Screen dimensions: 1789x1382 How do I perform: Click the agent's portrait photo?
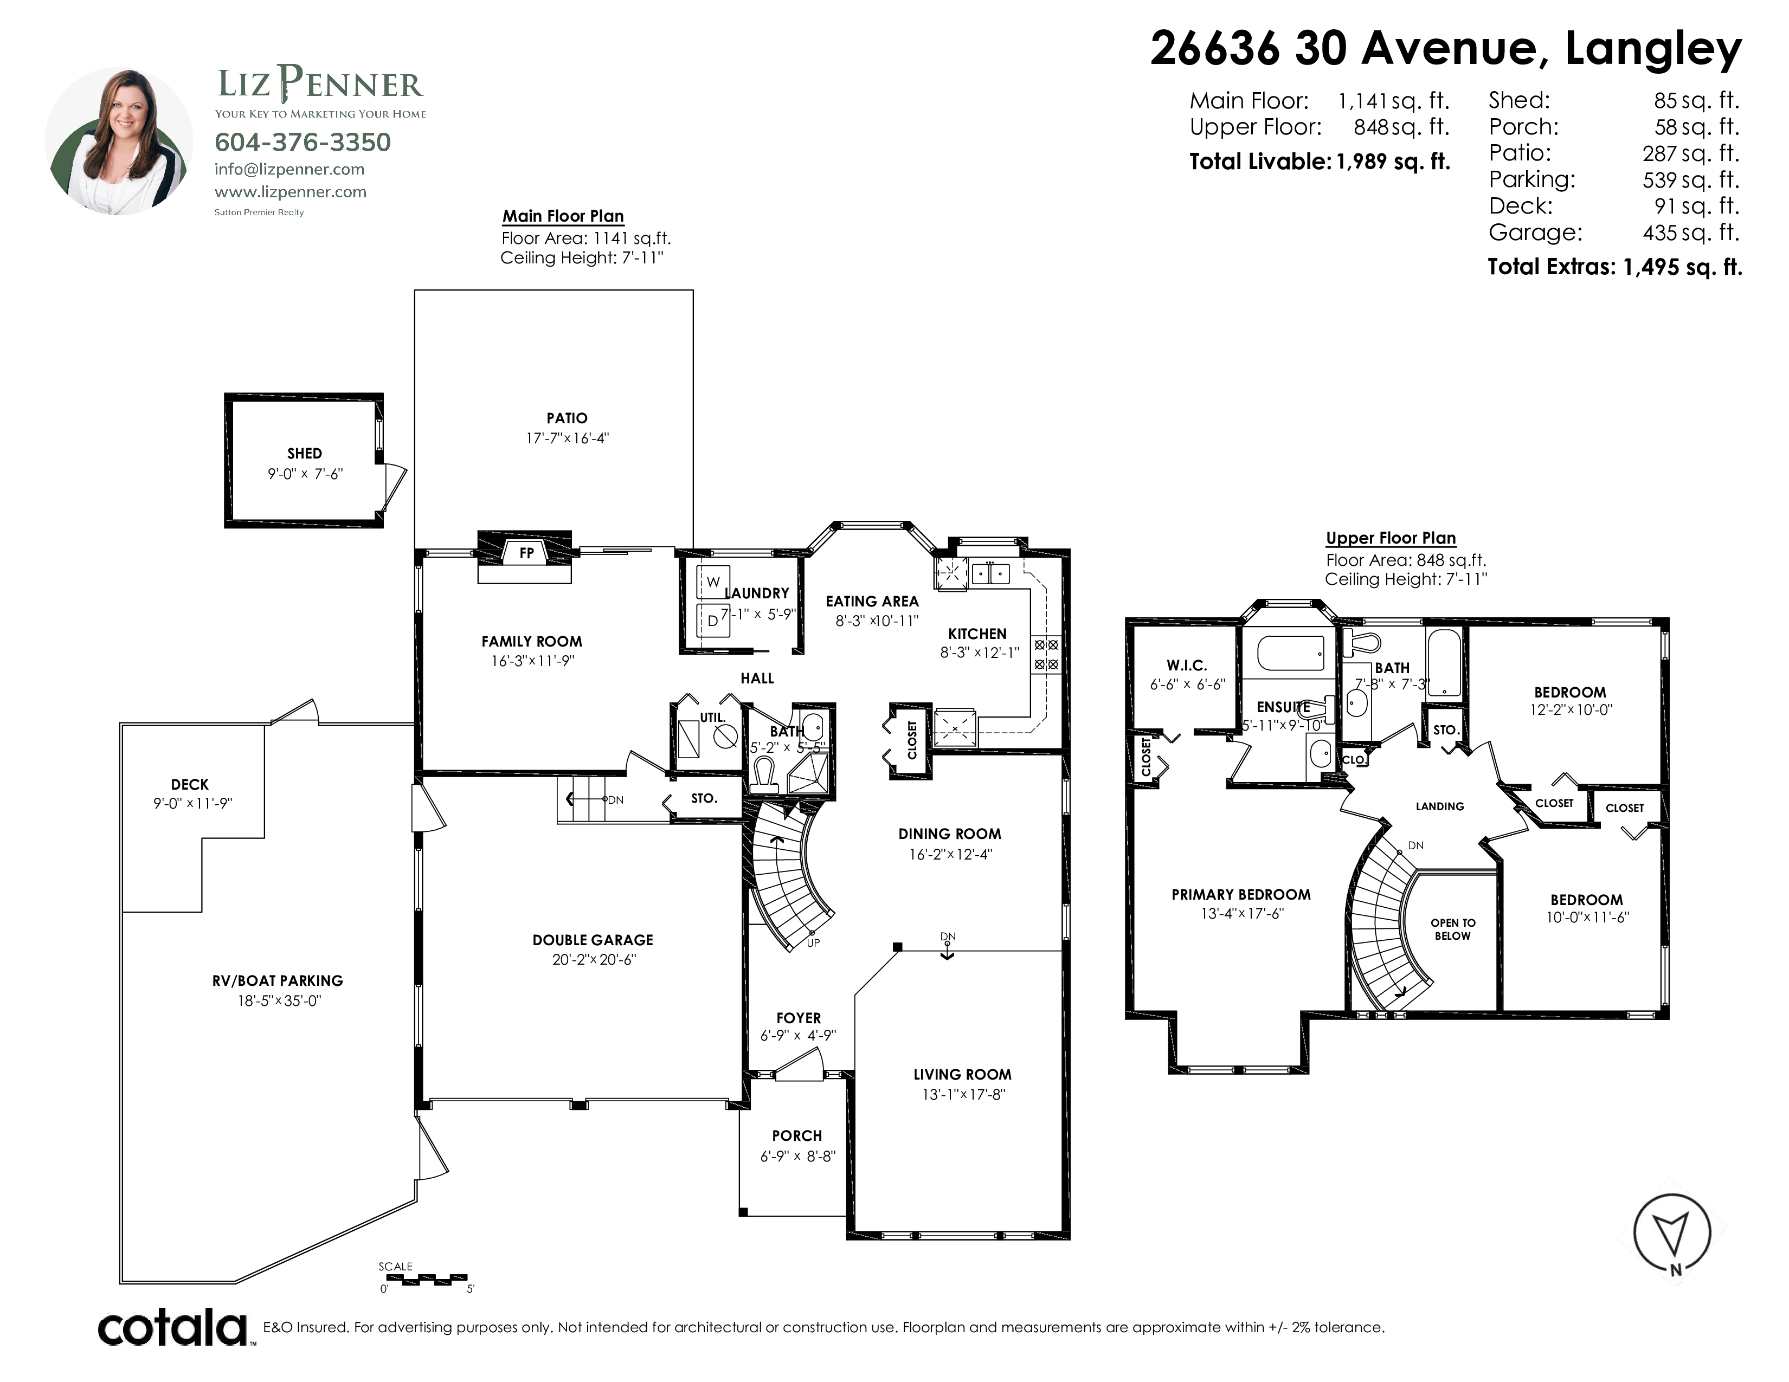click(x=119, y=141)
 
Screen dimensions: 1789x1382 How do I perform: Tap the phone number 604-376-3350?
click(x=303, y=143)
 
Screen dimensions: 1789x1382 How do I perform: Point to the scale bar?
click(x=423, y=1279)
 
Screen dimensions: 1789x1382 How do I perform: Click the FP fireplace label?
click(x=526, y=553)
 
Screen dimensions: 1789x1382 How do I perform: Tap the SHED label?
click(x=304, y=453)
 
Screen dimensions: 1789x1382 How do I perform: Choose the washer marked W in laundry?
click(x=713, y=582)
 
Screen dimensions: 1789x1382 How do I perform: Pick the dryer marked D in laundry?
click(x=713, y=621)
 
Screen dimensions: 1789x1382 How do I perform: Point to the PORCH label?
click(x=796, y=1135)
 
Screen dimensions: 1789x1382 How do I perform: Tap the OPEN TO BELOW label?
click(x=1452, y=929)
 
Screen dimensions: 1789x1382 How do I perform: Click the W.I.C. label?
click(x=1186, y=666)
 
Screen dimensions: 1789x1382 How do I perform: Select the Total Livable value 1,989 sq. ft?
click(x=1393, y=162)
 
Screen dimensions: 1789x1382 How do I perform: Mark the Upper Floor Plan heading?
click(x=1391, y=538)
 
